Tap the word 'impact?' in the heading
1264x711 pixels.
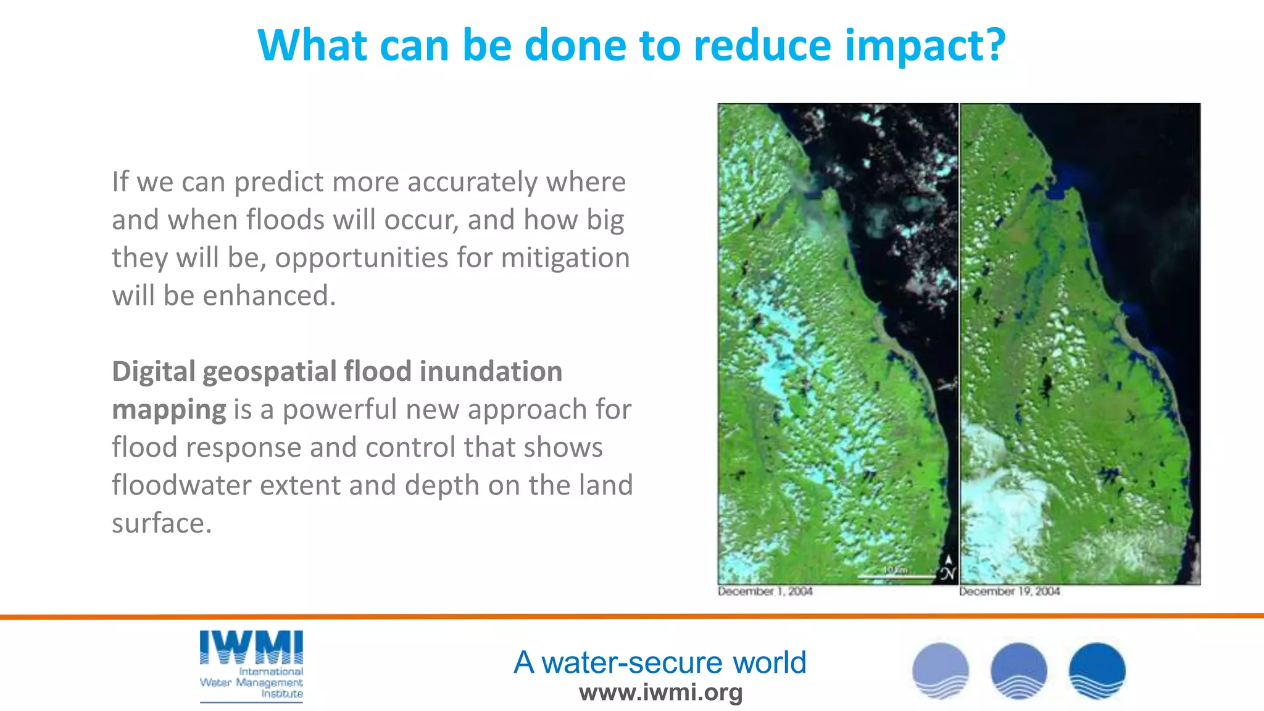[x=925, y=47]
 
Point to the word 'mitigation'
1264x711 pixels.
[x=565, y=258]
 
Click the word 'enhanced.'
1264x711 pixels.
[x=269, y=296]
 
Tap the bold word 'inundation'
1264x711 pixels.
[x=491, y=372]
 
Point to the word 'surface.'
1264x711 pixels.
[x=162, y=523]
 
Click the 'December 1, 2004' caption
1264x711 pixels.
[x=765, y=591]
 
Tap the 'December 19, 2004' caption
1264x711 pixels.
[x=1009, y=591]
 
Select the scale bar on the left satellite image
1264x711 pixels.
[x=896, y=576]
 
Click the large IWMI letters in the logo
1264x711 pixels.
[x=251, y=648]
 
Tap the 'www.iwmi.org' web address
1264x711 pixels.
[x=660, y=692]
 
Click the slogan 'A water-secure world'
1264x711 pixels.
[x=660, y=662]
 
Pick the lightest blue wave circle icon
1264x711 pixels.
[x=941, y=671]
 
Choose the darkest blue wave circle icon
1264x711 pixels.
[x=1097, y=671]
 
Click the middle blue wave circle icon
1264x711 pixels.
[x=1018, y=671]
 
